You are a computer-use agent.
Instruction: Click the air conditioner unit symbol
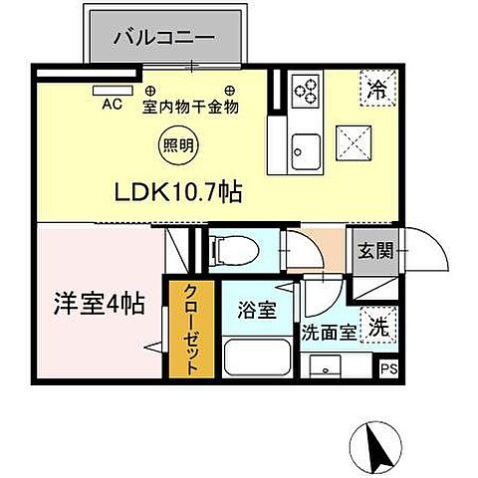(106, 89)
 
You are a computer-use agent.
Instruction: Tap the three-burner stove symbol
(306, 93)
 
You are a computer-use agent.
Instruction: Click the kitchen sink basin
(303, 150)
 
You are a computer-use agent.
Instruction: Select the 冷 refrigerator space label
(378, 88)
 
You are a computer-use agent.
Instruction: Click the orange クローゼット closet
(187, 329)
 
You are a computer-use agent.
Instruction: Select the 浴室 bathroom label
(258, 310)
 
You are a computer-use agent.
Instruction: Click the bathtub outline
(258, 357)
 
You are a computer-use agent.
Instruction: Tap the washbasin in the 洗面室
(325, 366)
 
